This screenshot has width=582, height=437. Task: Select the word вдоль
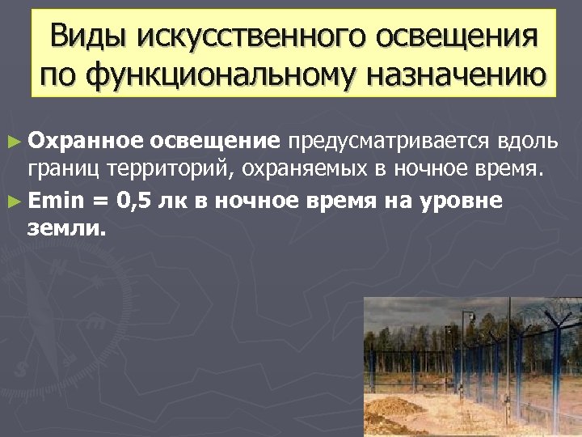tap(527, 142)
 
